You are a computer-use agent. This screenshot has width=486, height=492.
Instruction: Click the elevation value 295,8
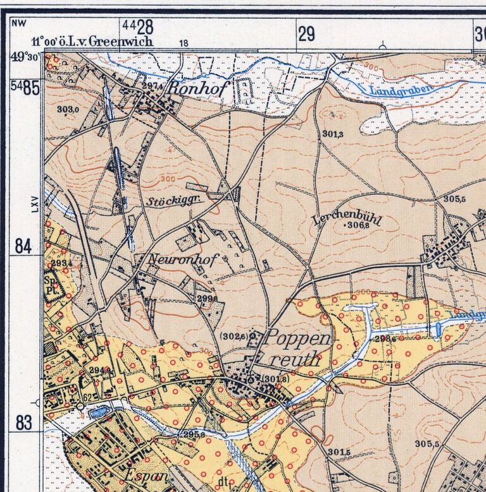pyautogui.click(x=194, y=435)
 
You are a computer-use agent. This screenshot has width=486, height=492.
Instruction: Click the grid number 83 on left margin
pyautogui.click(x=23, y=423)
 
